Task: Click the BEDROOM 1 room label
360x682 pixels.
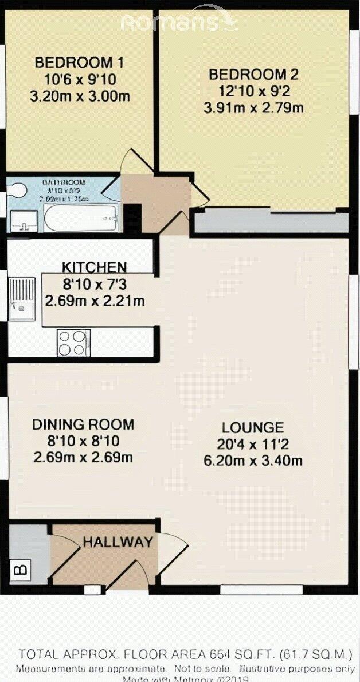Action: point(79,63)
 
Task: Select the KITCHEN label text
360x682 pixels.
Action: point(94,267)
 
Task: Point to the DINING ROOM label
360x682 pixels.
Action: point(83,425)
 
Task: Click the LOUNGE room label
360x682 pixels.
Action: point(253,428)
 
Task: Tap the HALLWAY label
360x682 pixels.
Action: point(118,542)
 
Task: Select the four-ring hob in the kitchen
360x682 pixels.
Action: point(73,343)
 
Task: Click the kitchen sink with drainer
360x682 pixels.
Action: point(22,298)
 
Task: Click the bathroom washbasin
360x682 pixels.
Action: point(23,221)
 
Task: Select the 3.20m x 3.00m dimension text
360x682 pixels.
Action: point(79,96)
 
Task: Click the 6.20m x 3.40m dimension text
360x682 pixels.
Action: point(253,461)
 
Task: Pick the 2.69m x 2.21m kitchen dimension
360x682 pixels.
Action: point(94,301)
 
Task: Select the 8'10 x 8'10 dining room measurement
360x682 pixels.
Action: point(83,442)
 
